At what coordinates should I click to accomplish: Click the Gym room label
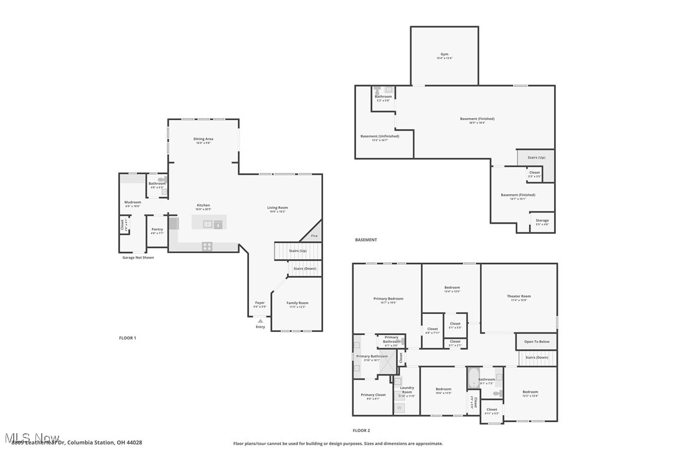tap(444, 54)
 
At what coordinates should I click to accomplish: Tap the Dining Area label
tap(203, 139)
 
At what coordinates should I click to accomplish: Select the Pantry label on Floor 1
tap(157, 229)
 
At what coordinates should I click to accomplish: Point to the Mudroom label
tap(133, 202)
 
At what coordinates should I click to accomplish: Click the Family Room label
tap(298, 303)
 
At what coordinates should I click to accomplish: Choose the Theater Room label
tap(519, 296)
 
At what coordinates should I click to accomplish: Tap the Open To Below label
tap(536, 342)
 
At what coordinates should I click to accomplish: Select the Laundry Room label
tap(406, 390)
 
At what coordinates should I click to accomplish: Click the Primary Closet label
tap(373, 395)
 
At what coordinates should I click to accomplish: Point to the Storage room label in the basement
tap(542, 220)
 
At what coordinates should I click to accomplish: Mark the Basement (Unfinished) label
tap(380, 136)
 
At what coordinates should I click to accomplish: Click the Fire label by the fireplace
tap(314, 236)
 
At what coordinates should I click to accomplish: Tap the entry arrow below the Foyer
tap(260, 321)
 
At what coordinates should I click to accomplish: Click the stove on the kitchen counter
tap(207, 246)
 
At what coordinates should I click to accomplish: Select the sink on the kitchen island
tap(209, 224)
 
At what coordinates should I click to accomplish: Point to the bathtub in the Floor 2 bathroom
tap(473, 377)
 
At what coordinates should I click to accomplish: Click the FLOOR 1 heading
tap(127, 338)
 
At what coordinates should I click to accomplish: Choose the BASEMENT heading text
tap(365, 240)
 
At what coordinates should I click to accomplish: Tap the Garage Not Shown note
tap(138, 257)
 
